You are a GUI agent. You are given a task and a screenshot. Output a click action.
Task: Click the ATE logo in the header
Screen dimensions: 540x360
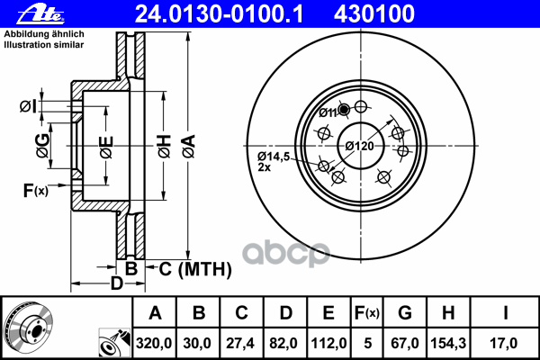pos(40,14)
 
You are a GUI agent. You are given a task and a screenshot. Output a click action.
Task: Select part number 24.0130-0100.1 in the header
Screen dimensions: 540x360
pos(219,14)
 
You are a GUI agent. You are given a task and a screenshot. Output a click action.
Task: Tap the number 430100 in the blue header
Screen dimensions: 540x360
pos(374,14)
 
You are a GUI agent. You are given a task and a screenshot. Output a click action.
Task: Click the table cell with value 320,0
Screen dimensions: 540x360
pos(154,343)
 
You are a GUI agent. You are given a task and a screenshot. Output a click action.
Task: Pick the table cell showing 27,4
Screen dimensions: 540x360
pos(241,343)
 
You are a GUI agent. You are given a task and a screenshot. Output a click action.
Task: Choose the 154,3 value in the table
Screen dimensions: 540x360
pos(448,343)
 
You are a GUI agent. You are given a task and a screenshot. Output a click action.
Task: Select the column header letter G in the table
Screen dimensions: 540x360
pos(405,313)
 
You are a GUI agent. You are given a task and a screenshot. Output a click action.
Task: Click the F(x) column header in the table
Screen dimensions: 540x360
pos(367,313)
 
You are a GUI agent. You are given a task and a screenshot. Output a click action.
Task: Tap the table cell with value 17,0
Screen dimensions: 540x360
pos(504,343)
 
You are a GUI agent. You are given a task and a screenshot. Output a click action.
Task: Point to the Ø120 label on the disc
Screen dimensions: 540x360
pos(359,146)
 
